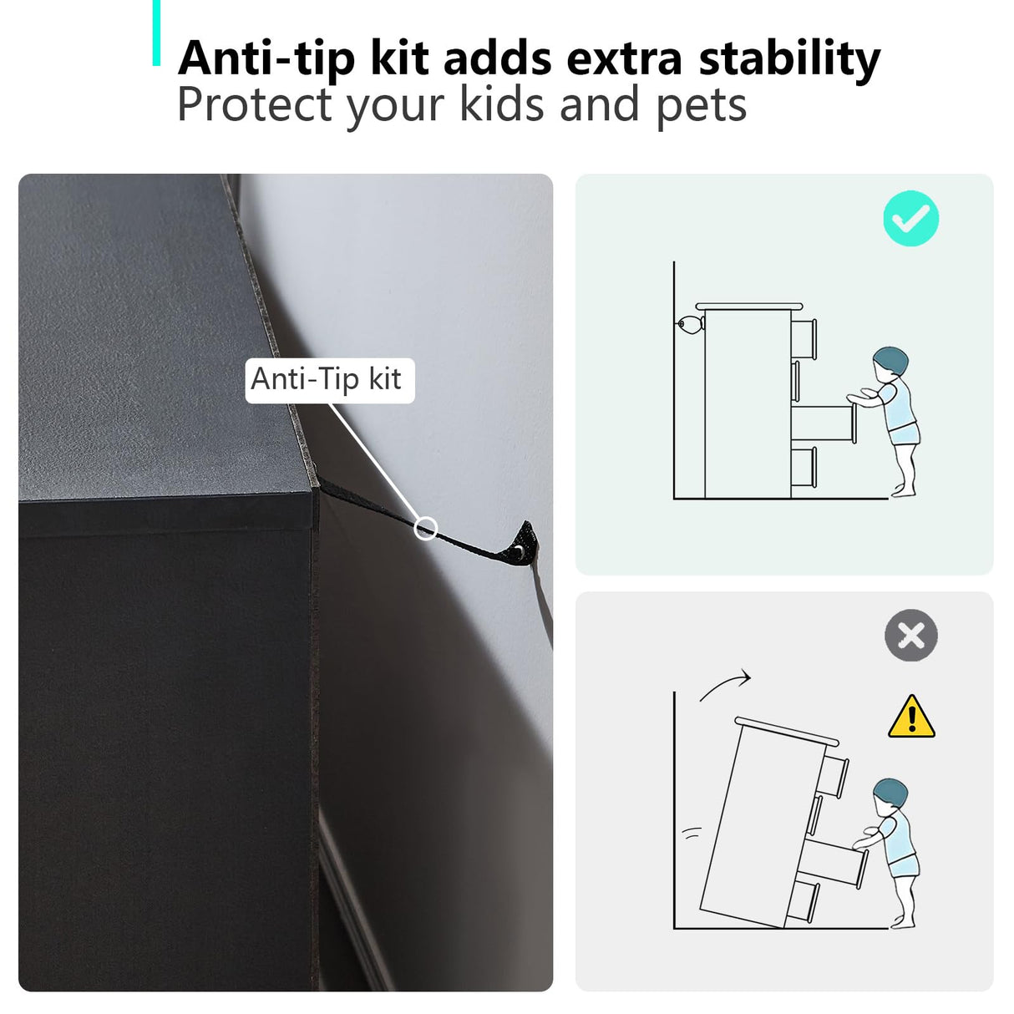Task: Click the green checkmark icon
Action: click(x=910, y=218)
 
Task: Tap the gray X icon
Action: click(x=911, y=636)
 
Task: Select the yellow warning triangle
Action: click(x=911, y=717)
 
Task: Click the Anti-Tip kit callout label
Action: click(x=330, y=380)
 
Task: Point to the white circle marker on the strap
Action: click(x=425, y=529)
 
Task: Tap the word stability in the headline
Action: click(x=789, y=59)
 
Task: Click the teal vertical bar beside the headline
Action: click(x=156, y=33)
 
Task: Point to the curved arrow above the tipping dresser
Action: click(x=725, y=686)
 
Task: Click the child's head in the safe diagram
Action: click(x=891, y=363)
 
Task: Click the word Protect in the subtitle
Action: click(x=255, y=104)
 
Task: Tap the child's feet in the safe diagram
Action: click(x=904, y=492)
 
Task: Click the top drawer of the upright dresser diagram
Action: click(x=804, y=339)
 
